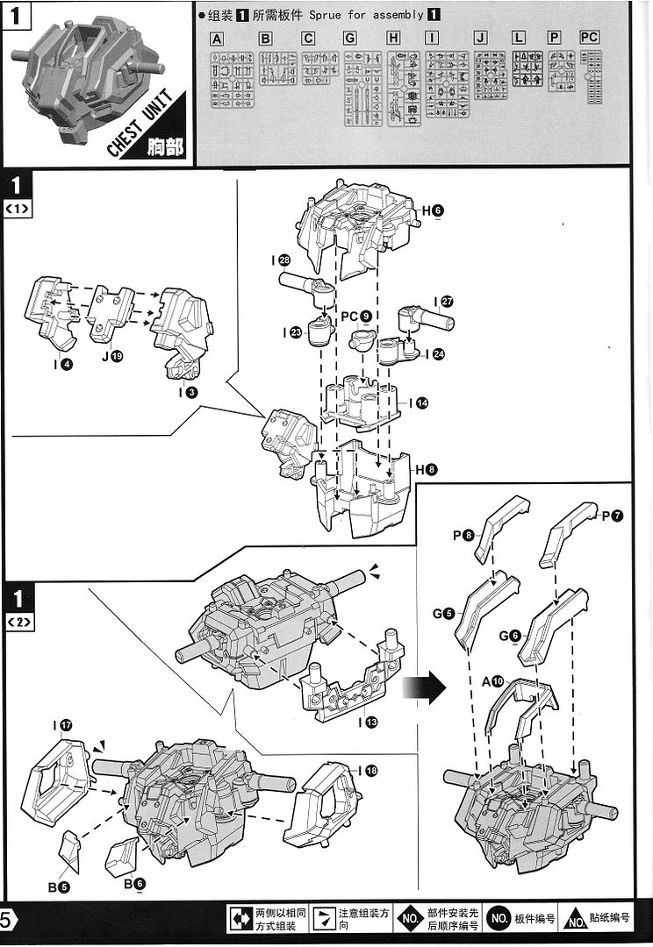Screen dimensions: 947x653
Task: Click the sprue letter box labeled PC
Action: click(x=590, y=38)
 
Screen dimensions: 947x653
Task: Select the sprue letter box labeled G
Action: click(x=350, y=39)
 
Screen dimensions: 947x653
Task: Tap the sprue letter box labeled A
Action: click(x=217, y=39)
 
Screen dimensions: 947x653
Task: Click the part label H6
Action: click(x=433, y=210)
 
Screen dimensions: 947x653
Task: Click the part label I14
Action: click(x=418, y=403)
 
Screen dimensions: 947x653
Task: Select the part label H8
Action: click(x=427, y=470)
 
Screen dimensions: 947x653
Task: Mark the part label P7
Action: click(x=612, y=516)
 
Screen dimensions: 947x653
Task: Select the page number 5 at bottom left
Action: click(x=7, y=920)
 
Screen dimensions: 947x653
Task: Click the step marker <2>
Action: click(x=18, y=622)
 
